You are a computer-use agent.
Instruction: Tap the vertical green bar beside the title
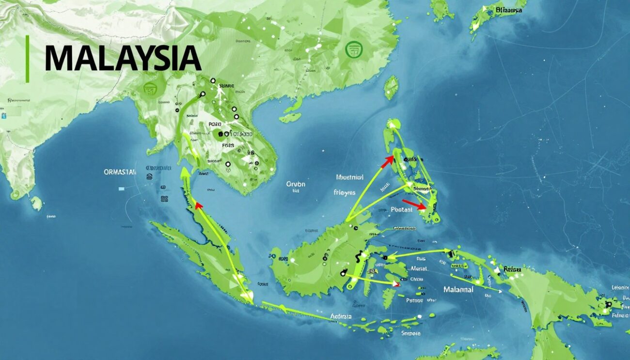[28, 58]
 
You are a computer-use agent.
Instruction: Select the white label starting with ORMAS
[120, 172]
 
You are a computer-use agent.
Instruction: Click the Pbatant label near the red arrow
[401, 210]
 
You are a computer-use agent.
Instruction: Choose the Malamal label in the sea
[458, 289]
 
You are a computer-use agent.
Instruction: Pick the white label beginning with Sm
[411, 333]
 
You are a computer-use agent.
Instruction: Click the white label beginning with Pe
[414, 300]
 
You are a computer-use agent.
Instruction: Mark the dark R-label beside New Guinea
[512, 268]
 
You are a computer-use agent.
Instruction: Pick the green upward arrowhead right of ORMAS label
[185, 172]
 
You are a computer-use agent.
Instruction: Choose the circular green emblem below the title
[151, 88]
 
